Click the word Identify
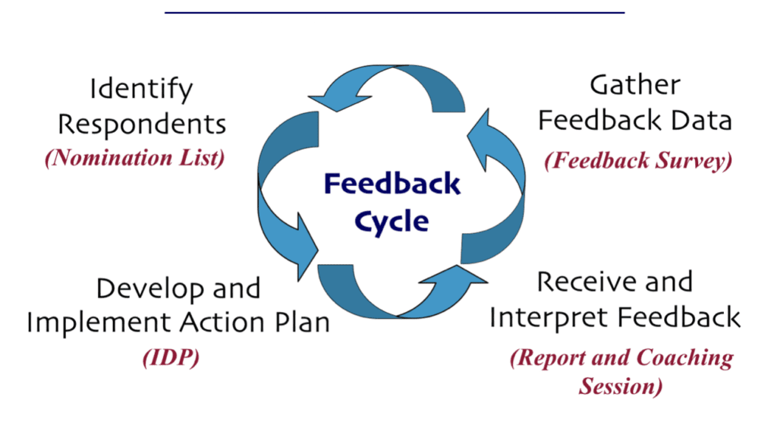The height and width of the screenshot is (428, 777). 141,90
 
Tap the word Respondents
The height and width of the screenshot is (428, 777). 142,124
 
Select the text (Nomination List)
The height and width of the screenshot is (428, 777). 135,158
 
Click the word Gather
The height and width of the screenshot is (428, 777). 635,85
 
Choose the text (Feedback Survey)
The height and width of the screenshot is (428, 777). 638,161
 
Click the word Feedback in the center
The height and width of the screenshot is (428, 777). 392,184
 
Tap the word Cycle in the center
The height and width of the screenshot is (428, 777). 392,222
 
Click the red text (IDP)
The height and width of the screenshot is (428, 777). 171,357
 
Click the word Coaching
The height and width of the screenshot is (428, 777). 685,358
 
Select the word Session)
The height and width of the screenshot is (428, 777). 621,386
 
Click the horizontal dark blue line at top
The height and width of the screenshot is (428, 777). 395,12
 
